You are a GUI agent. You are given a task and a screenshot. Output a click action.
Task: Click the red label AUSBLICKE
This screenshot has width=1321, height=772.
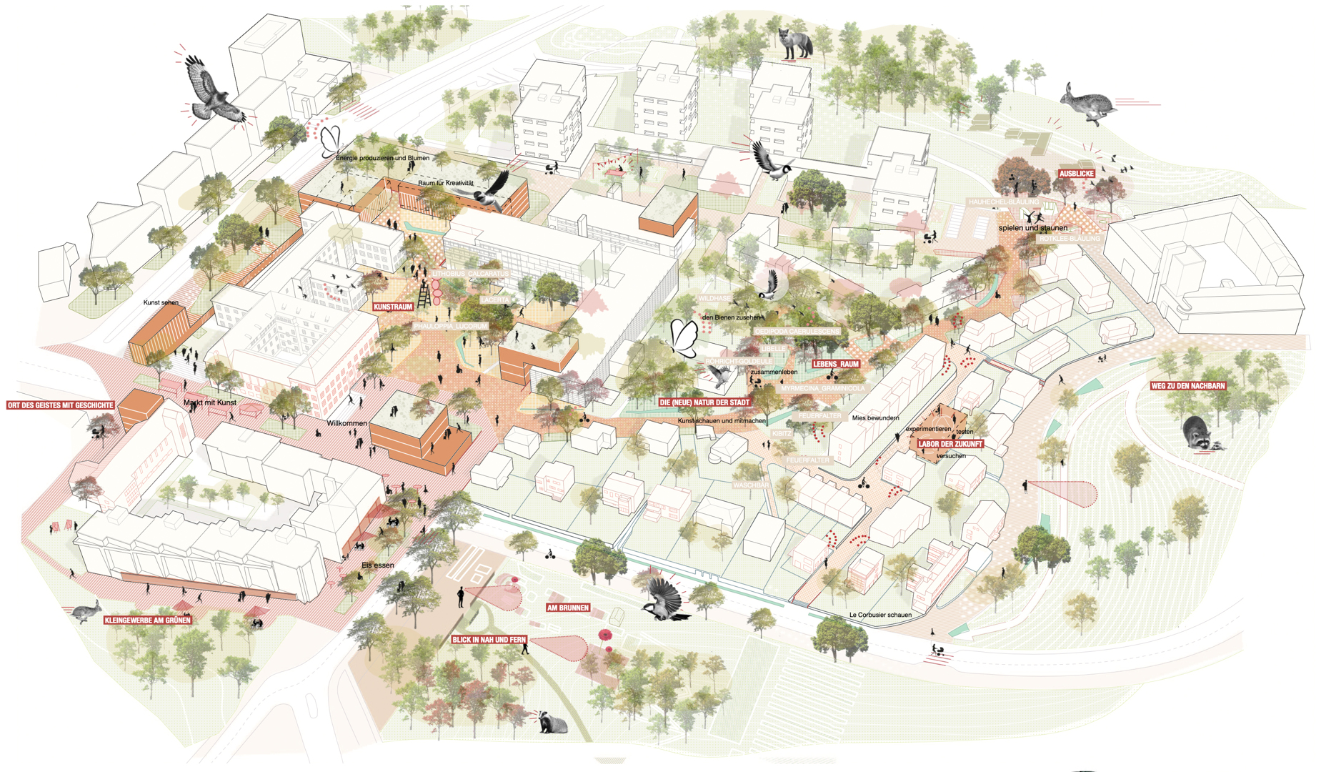click(1076, 174)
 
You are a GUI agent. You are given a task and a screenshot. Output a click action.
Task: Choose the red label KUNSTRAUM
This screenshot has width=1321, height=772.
click(393, 307)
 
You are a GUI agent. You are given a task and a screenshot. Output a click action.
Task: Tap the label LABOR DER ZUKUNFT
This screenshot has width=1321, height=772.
click(949, 444)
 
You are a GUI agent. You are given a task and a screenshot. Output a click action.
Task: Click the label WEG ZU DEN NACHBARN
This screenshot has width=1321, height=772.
click(1187, 386)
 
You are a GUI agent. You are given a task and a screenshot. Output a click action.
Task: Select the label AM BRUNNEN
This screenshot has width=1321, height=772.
click(567, 608)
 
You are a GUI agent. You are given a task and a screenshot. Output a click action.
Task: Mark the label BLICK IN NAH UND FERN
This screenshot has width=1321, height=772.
click(489, 640)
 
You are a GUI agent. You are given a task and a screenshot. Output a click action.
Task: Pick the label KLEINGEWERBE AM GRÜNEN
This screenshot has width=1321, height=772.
click(147, 620)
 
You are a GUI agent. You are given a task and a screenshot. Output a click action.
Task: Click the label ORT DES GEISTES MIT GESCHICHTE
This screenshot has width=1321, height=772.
click(60, 405)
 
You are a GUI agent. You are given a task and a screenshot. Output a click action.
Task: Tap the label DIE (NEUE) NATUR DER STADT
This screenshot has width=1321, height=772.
click(704, 402)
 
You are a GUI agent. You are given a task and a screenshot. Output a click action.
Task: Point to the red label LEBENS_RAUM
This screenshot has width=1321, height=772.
click(835, 364)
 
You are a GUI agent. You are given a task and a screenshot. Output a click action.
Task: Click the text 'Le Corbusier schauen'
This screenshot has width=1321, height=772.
click(880, 615)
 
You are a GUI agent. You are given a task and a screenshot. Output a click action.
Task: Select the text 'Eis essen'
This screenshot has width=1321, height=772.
click(377, 565)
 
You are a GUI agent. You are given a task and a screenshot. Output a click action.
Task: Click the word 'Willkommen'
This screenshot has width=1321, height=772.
click(347, 423)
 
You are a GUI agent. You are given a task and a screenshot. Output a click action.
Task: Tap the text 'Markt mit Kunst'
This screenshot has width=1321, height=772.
click(209, 402)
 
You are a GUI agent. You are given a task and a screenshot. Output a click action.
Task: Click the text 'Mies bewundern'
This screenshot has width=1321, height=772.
click(875, 417)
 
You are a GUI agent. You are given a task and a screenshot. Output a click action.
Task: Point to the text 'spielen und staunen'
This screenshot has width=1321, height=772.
click(1032, 228)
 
